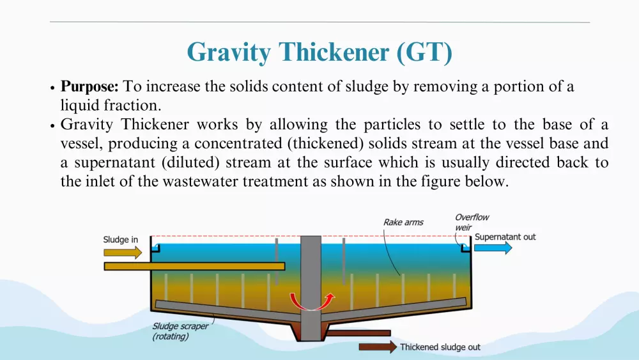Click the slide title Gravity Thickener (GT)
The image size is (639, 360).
pos(319,52)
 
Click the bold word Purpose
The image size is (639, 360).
pos(89,87)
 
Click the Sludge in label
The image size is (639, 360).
pos(120,240)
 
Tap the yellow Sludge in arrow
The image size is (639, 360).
pos(123,253)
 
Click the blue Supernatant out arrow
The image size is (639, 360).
pos(493,247)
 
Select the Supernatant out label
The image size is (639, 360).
pos(505,237)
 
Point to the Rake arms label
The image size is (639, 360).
pos(403,222)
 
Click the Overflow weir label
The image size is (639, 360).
pos(472,222)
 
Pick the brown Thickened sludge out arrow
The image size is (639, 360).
pos(378,347)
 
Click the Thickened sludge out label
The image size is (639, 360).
pos(440,347)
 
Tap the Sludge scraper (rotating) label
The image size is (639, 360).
pos(180,331)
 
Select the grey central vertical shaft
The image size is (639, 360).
pos(311,288)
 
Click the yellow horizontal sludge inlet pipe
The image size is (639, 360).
pos(194,267)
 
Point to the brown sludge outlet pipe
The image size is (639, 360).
pos(358,333)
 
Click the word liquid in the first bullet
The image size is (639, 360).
pos(80,106)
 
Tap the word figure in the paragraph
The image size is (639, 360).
pos(442,182)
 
